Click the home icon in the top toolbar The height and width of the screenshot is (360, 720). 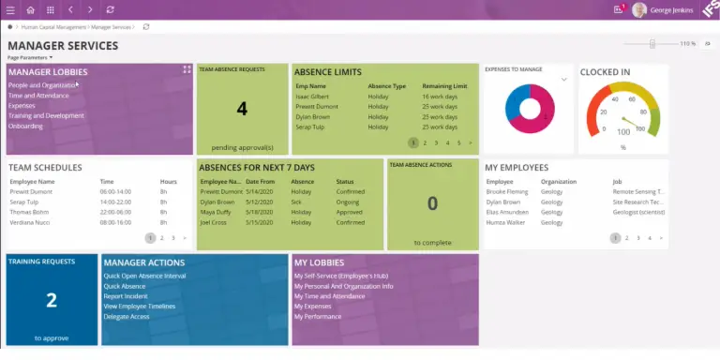click(x=30, y=9)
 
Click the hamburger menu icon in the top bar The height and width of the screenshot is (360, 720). click(x=10, y=9)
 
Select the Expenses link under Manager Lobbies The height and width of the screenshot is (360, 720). click(x=22, y=106)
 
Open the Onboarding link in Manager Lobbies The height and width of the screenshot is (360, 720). click(x=25, y=126)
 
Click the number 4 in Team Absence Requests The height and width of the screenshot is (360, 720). click(x=242, y=109)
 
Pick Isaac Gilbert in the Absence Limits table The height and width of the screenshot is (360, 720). click(x=312, y=97)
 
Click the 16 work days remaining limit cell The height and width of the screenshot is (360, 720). click(x=440, y=97)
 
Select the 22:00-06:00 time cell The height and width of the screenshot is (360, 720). click(x=114, y=211)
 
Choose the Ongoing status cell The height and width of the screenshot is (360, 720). click(x=349, y=202)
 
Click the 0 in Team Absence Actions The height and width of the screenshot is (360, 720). click(x=432, y=203)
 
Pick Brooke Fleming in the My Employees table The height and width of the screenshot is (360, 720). click(x=506, y=191)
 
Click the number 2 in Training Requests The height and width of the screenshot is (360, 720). click(x=51, y=300)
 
